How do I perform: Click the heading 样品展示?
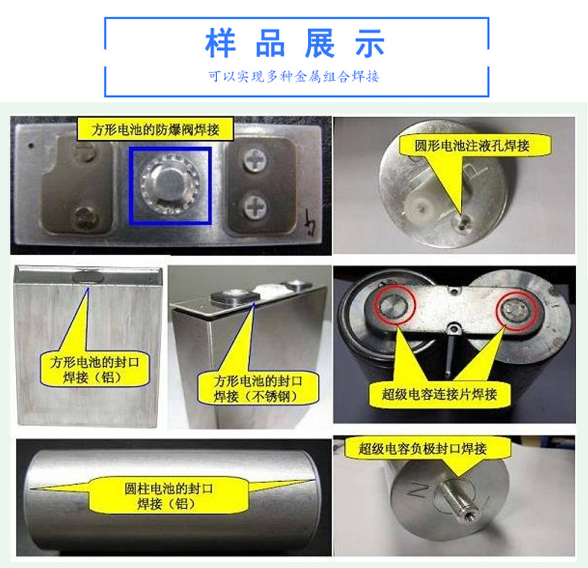(295, 43)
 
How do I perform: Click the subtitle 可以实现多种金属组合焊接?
(294, 76)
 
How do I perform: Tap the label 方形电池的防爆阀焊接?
(155, 129)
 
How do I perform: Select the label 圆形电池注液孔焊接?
(472, 146)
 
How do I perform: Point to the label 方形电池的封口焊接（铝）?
(94, 370)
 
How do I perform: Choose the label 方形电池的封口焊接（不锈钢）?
(258, 389)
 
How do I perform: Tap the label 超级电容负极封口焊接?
(422, 449)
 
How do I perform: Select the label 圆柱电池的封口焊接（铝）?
(169, 497)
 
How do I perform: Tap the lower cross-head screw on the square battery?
(255, 207)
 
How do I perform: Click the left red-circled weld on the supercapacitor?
(394, 305)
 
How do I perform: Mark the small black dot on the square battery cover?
(31, 146)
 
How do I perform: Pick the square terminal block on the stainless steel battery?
(235, 296)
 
